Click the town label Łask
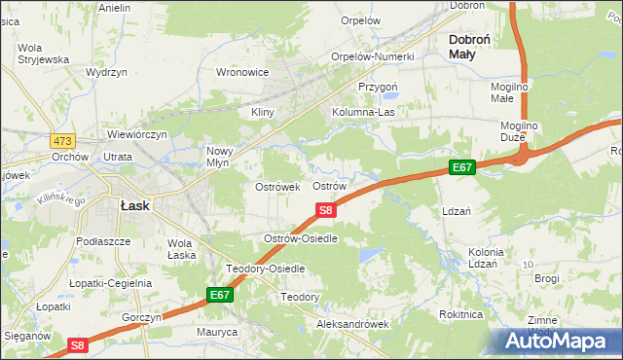click(x=132, y=206)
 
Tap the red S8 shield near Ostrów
click(x=326, y=209)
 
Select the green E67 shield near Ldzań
click(x=462, y=168)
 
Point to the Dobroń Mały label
click(x=475, y=47)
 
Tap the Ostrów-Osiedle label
click(x=301, y=238)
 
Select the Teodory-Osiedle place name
click(x=266, y=268)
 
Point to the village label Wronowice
click(x=241, y=72)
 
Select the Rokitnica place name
click(x=461, y=314)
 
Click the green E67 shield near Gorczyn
click(x=220, y=294)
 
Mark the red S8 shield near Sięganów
click(x=80, y=345)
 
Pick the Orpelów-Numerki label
click(x=373, y=56)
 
